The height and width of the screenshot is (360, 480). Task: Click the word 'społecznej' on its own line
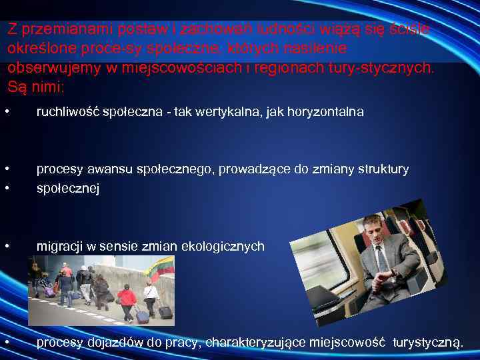pyautogui.click(x=67, y=189)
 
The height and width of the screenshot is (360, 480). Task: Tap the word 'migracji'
pyautogui.click(x=58, y=247)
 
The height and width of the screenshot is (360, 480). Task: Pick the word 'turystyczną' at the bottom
pyautogui.click(x=427, y=343)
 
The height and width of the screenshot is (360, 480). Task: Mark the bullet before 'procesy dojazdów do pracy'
pyautogui.click(x=6, y=343)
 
